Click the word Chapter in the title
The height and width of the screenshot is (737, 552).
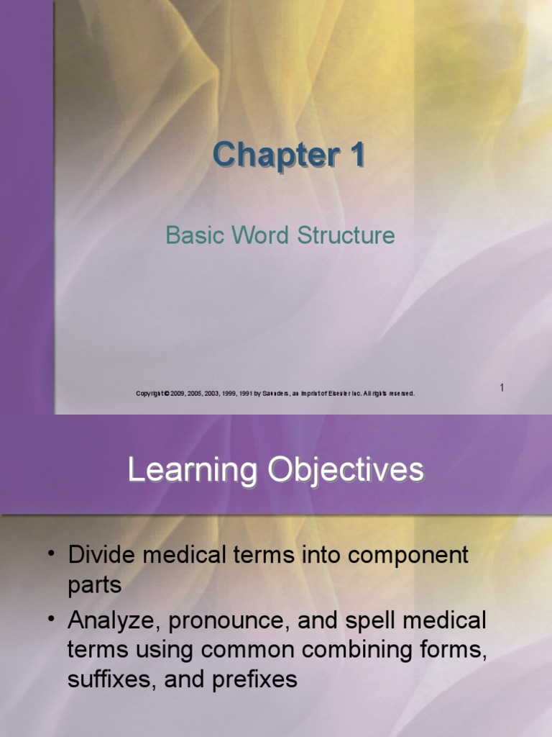point(270,155)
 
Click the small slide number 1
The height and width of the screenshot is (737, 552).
point(502,388)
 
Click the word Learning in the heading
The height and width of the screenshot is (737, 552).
point(192,470)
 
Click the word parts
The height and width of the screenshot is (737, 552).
point(94,585)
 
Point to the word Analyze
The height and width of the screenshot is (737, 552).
point(112,620)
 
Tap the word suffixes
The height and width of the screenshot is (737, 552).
point(110,680)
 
